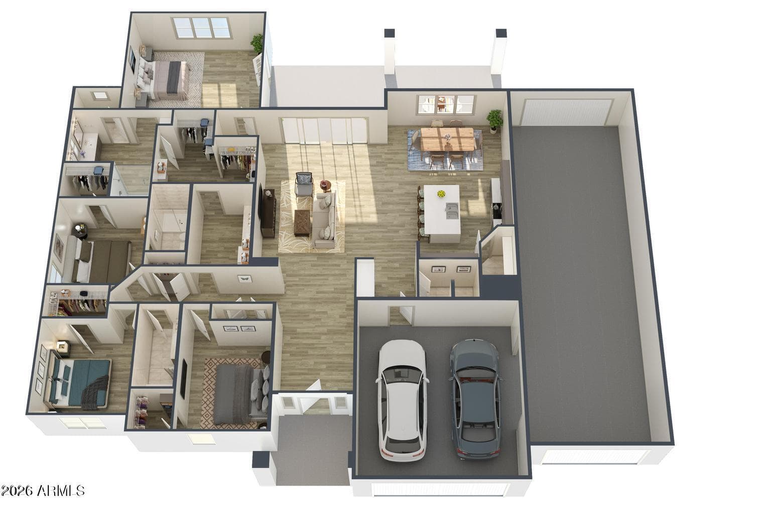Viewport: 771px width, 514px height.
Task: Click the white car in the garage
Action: coord(403,401)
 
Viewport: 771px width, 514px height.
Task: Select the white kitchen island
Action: coord(442,214)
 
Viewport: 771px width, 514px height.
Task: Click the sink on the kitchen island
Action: coord(451,211)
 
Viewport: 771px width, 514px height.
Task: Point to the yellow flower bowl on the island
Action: coord(441,194)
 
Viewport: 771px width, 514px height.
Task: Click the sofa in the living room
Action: coord(324,220)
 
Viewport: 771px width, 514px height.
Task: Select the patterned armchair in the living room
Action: coord(304,184)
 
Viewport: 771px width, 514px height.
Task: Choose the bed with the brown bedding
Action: coord(98,260)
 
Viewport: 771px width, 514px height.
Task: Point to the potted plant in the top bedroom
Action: coord(257,44)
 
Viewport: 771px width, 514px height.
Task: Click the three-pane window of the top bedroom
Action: coord(202,28)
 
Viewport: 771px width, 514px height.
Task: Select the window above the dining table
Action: coord(446,104)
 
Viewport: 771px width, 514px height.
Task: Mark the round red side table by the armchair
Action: coord(325,186)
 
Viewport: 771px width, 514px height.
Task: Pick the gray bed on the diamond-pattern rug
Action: coord(241,394)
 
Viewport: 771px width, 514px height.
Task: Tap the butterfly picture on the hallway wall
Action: coord(245,279)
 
